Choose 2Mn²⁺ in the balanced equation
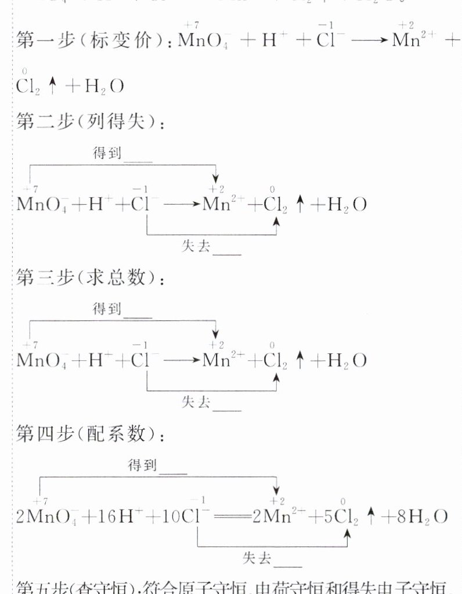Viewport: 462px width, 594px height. coord(273,517)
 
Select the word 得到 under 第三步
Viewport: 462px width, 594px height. coord(107,309)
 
